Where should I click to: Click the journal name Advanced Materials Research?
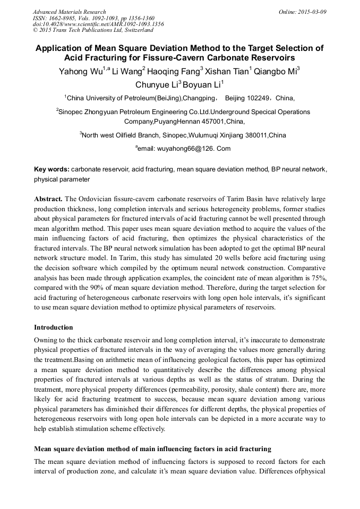pos(69,12)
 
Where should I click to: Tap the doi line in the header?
pos(98,24)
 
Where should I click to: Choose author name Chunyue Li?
pos(157,85)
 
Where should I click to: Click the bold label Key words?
pos(52,169)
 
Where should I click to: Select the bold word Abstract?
pos(48,199)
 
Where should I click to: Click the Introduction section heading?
pos(54,327)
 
